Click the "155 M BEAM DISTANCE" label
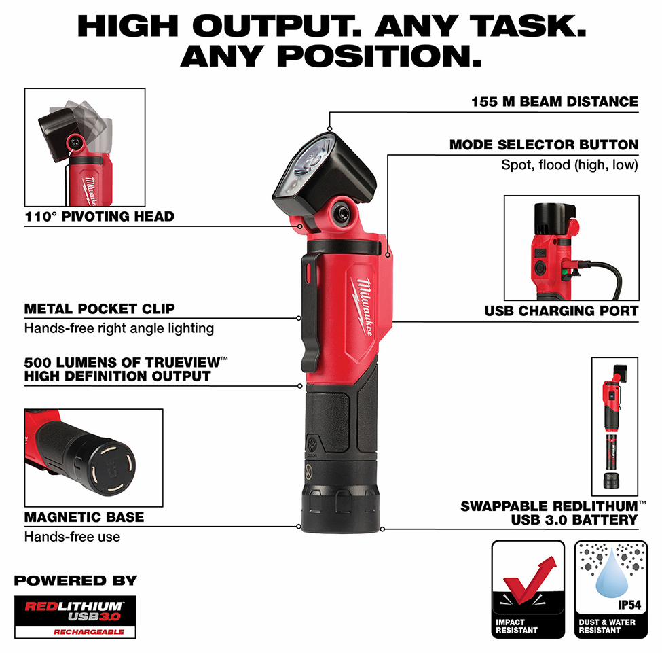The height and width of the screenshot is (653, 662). (554, 102)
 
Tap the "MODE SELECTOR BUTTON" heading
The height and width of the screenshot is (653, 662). (544, 145)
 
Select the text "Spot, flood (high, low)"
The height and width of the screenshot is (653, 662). (569, 164)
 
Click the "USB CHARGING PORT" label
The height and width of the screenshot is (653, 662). (561, 311)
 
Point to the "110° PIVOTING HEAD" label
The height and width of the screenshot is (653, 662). (100, 216)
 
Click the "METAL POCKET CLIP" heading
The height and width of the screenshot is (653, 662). (100, 309)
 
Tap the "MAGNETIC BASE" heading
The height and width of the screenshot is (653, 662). (84, 517)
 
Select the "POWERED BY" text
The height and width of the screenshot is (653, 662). (75, 581)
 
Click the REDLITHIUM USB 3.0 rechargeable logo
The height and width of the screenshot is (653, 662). (75, 617)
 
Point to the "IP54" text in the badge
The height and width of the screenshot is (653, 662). (629, 605)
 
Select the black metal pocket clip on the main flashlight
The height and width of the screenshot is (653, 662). (312, 313)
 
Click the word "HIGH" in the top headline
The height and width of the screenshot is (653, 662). (128, 27)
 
